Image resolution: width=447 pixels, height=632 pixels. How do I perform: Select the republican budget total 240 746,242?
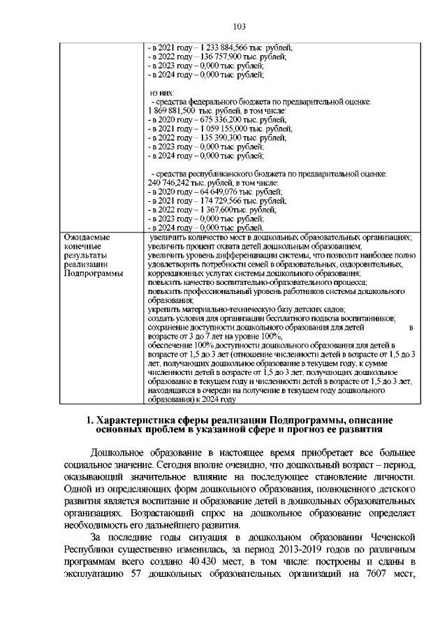click(168, 183)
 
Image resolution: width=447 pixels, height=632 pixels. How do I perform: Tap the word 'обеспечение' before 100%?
click(171, 345)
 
